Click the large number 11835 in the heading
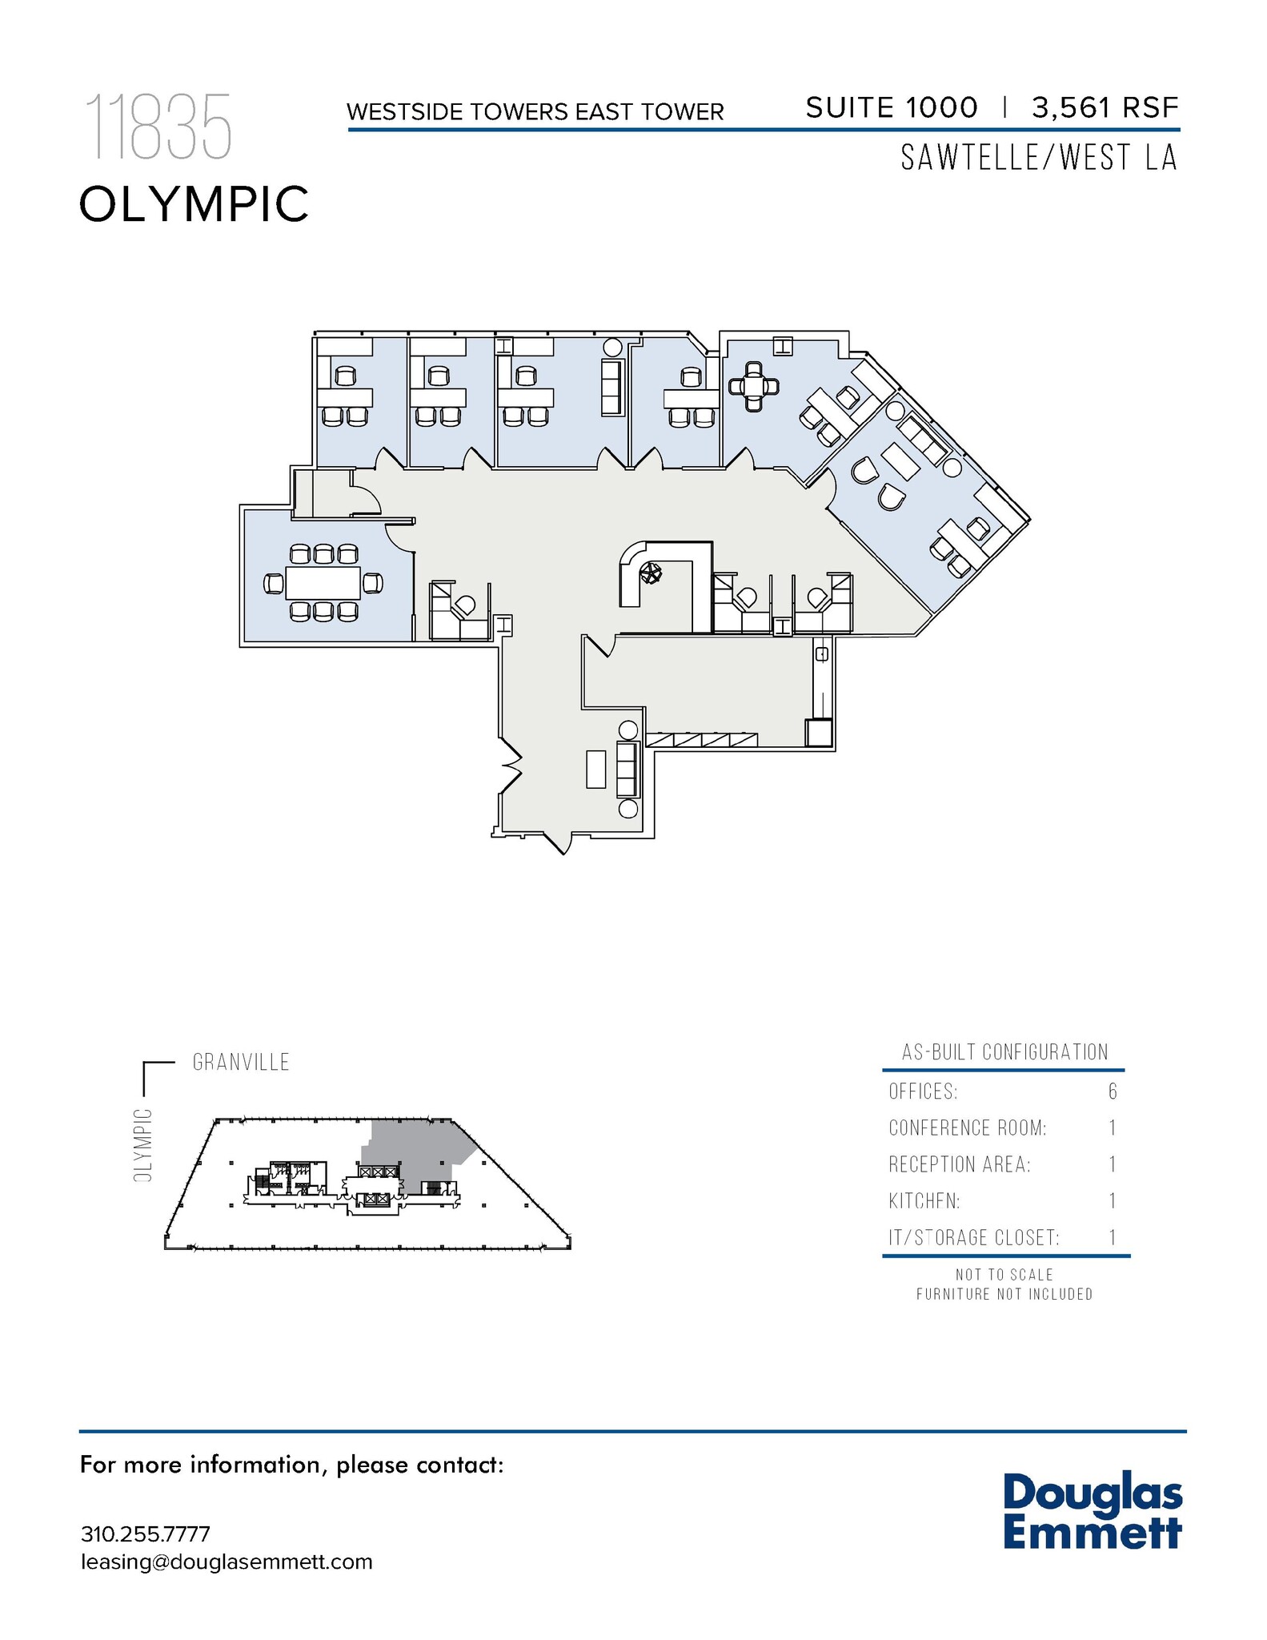pos(158,127)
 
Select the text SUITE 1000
pos(891,107)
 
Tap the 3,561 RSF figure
pos(1105,107)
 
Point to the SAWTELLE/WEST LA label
pos(1039,158)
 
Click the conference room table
pos(323,583)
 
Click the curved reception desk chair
pos(652,573)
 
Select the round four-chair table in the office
pos(753,387)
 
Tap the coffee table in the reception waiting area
pos(595,769)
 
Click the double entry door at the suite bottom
pos(559,842)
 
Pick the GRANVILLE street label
pos(241,1063)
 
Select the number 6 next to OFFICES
pos(1113,1091)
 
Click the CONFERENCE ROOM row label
pos(967,1128)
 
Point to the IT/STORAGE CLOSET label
pos(973,1238)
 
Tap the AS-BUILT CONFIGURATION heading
pos(1004,1052)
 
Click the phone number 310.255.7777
pos(145,1534)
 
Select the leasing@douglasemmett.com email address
pos(227,1562)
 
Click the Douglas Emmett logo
pos(1092,1510)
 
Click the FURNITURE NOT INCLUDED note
pos(1004,1294)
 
